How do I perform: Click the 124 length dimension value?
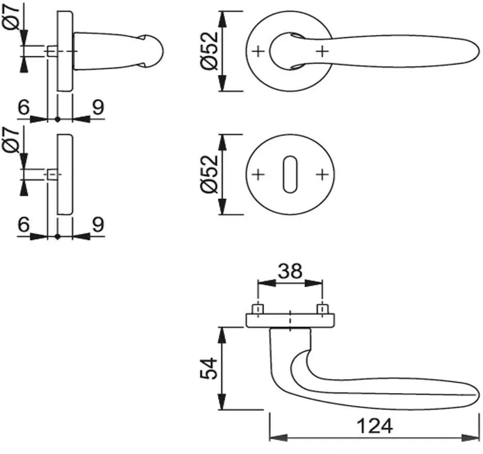[375, 426]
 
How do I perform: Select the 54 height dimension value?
[209, 368]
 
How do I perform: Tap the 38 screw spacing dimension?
[290, 271]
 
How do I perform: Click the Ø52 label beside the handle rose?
[209, 51]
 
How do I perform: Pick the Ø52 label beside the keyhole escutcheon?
[209, 174]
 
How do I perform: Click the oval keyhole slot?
[290, 175]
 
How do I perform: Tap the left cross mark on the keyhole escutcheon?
[258, 175]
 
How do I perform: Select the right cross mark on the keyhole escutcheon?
[322, 175]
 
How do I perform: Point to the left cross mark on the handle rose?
[258, 52]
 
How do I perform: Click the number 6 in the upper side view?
[24, 107]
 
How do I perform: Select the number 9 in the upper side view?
[98, 107]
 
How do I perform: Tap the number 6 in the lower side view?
[24, 224]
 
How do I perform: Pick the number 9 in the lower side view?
[98, 224]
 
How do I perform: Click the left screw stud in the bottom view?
[257, 309]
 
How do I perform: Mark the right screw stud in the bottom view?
[322, 309]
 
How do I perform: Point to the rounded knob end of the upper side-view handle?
[153, 52]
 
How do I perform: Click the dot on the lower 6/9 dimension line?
[58, 237]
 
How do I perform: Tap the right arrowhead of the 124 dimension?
[471, 437]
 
